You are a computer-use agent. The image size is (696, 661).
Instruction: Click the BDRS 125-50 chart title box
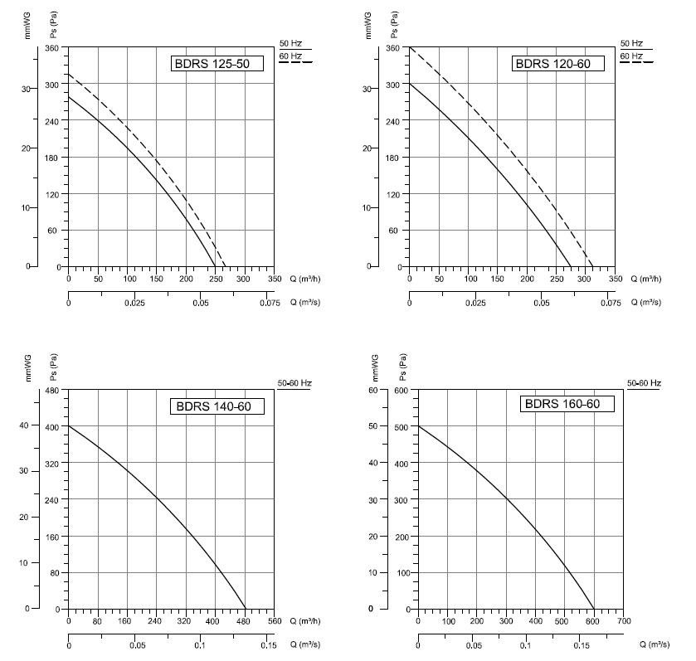[217, 63]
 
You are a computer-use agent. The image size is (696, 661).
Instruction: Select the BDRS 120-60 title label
[558, 63]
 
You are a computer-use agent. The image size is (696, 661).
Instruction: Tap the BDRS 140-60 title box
[217, 406]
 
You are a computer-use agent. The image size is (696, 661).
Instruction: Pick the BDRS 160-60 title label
[567, 404]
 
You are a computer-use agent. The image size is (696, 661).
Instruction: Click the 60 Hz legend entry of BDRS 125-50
[290, 56]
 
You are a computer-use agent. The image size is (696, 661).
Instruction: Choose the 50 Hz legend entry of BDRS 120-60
[631, 43]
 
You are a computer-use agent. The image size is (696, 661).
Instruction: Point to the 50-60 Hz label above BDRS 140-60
[294, 383]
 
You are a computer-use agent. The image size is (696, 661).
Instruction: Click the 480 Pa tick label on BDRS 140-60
[52, 390]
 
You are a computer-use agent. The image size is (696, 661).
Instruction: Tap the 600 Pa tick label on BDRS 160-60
[402, 390]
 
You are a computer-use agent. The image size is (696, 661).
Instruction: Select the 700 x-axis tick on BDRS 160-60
[624, 621]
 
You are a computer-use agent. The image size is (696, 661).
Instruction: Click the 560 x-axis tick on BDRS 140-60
[275, 621]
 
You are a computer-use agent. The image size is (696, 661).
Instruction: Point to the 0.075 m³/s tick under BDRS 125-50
[270, 303]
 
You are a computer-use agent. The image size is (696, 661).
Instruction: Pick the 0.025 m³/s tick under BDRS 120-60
[475, 303]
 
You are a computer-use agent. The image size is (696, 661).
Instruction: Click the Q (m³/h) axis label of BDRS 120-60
[646, 279]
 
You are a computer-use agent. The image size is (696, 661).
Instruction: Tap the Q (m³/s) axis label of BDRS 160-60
[655, 644]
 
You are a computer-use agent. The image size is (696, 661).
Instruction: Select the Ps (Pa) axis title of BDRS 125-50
[54, 24]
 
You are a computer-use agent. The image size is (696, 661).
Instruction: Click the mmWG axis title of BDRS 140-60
[29, 368]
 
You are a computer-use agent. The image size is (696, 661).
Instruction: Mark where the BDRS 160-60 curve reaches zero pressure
[594, 609]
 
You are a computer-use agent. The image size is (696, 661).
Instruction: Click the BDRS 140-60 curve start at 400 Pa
[69, 426]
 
